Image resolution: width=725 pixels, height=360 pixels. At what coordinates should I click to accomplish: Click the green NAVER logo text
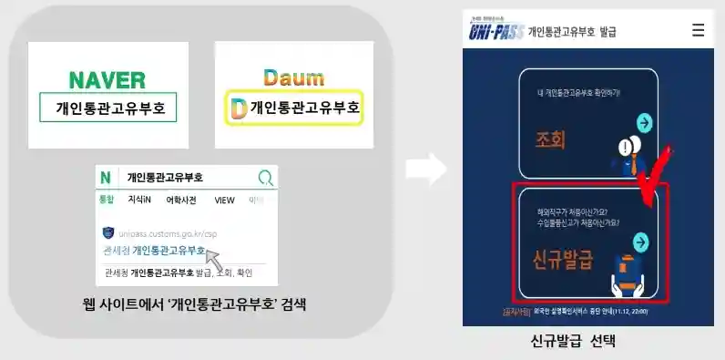tap(107, 79)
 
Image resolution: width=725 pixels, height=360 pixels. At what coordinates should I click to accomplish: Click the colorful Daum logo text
tap(287, 77)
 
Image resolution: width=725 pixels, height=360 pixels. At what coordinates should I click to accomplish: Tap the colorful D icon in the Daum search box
tap(239, 109)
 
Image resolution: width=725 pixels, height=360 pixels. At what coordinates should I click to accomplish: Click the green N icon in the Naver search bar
tap(107, 177)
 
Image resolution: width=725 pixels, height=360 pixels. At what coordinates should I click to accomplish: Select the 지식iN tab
tap(138, 200)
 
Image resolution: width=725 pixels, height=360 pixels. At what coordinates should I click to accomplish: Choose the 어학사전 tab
tap(181, 200)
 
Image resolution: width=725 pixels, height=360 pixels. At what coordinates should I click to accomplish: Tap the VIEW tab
tap(224, 200)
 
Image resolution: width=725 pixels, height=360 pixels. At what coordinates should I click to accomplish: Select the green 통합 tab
tap(107, 200)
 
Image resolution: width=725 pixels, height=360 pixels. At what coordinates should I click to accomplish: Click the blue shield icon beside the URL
tap(107, 233)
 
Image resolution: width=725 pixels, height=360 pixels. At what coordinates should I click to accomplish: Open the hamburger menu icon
tap(698, 30)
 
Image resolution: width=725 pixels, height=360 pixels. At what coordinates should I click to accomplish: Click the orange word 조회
tap(551, 139)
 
